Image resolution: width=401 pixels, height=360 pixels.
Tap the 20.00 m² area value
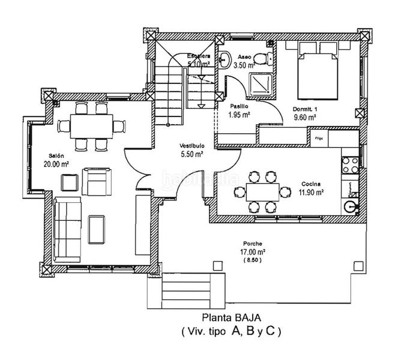click(56, 163)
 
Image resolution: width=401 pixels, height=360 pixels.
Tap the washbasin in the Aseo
click(225, 58)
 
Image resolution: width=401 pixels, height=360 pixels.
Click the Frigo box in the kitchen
click(318, 138)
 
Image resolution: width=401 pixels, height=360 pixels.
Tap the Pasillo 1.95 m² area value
click(240, 113)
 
